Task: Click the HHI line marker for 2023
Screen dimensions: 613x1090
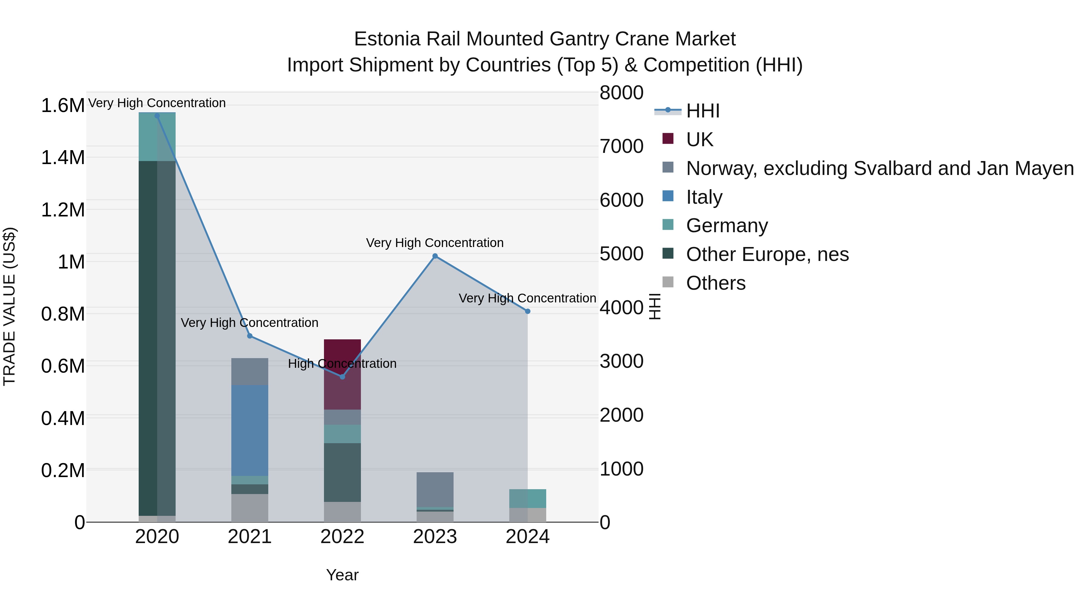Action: click(x=435, y=256)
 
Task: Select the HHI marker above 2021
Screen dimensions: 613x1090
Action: click(x=250, y=336)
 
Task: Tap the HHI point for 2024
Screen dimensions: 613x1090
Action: click(x=528, y=311)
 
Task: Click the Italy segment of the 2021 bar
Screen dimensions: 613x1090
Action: click(x=250, y=430)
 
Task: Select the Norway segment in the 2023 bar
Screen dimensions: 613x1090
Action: click(x=435, y=489)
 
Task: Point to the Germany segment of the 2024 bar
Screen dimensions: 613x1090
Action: click(x=528, y=498)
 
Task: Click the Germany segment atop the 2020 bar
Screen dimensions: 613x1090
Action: click(x=157, y=137)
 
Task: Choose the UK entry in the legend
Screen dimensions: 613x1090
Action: click(x=699, y=140)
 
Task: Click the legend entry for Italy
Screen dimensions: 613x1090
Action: click(x=704, y=197)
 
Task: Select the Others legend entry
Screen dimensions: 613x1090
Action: click(x=715, y=283)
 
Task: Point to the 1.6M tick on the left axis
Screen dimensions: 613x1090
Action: click(x=63, y=105)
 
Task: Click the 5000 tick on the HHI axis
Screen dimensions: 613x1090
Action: click(x=621, y=254)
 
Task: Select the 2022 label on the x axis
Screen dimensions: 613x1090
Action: click(x=342, y=537)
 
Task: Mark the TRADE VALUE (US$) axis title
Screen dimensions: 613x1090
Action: click(x=10, y=306)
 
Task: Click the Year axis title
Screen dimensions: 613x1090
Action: click(x=342, y=575)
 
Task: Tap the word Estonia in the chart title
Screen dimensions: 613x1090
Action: click(x=387, y=39)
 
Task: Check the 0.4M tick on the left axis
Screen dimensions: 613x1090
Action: click(x=63, y=418)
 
